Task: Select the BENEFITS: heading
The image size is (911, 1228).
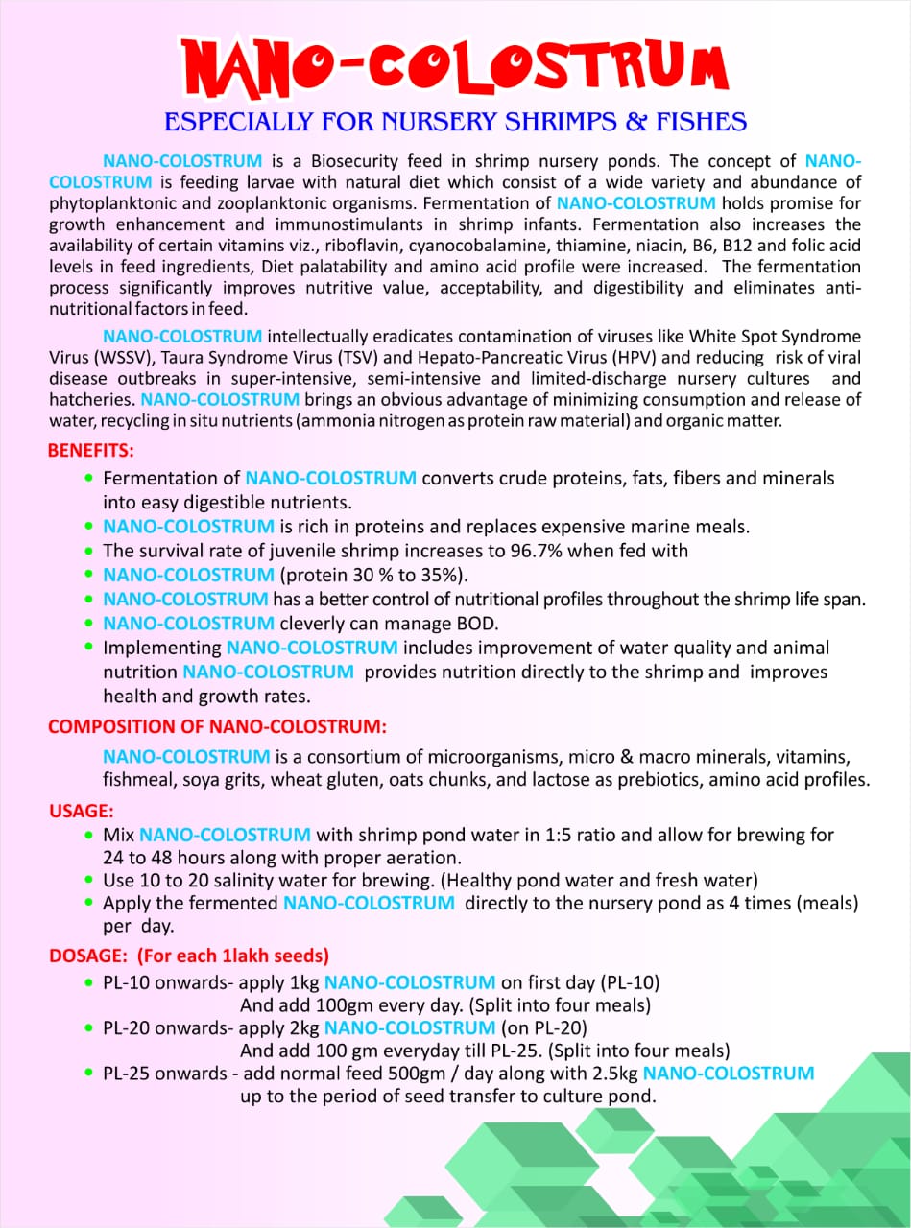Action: pyautogui.click(x=91, y=450)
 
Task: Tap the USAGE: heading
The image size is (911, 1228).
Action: pyautogui.click(x=82, y=811)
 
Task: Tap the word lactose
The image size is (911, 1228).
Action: pyautogui.click(x=549, y=780)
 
